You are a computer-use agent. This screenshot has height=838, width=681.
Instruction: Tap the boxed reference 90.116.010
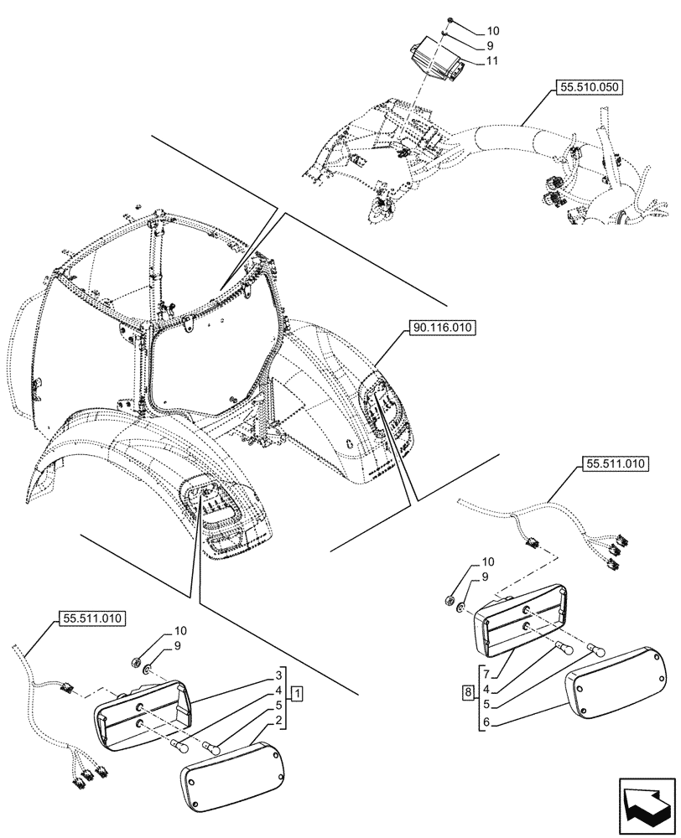coord(442,328)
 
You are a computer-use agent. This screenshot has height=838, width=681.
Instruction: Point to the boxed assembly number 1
coord(298,693)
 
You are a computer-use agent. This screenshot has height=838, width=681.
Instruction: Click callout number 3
coord(276,675)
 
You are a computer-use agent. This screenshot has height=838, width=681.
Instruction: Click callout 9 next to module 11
coord(490,46)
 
